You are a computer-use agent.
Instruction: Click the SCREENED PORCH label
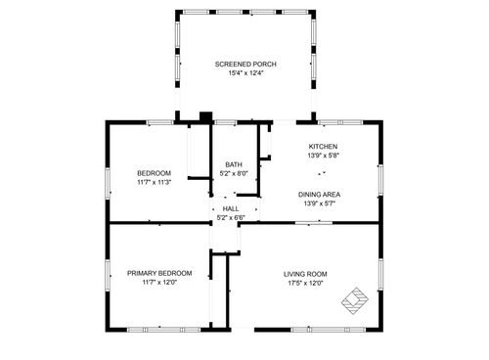[x=245, y=64]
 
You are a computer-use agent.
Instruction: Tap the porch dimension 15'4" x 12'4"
[x=245, y=72]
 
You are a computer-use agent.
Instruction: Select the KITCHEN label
[x=323, y=145]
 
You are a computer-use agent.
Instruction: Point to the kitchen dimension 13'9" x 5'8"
[x=323, y=154]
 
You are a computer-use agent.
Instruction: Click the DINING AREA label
[x=320, y=194]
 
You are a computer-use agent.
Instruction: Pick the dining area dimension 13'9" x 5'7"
[x=320, y=202]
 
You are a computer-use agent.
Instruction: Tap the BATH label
[x=234, y=164]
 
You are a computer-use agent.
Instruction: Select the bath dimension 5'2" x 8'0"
[x=234, y=173]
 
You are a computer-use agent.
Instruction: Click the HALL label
[x=231, y=208]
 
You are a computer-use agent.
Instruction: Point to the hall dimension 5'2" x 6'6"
[x=231, y=217]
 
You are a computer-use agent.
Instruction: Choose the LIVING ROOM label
[x=305, y=274]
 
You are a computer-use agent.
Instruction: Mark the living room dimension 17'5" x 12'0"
[x=305, y=283]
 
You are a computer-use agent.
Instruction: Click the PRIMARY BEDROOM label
[x=159, y=273]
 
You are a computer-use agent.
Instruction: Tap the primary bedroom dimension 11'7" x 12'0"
[x=159, y=282]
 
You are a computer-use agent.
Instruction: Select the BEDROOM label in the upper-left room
[x=154, y=173]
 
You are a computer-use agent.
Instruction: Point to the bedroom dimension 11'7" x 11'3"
[x=154, y=182]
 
